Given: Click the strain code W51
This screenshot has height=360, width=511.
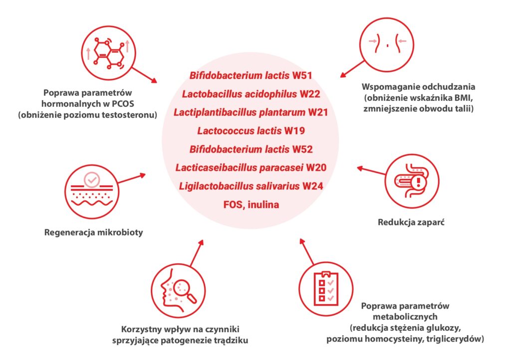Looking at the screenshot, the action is click(x=302, y=75).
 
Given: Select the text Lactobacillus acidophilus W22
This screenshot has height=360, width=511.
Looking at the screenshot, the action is click(x=251, y=94).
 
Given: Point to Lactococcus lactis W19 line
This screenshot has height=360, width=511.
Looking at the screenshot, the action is click(x=251, y=131).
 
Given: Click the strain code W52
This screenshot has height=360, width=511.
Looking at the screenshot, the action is click(x=302, y=150).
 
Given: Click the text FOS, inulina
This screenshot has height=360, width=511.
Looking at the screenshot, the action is click(x=251, y=205).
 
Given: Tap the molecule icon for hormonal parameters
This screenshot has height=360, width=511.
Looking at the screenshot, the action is click(x=108, y=53).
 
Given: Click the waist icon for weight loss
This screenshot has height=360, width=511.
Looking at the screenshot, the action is click(x=387, y=44).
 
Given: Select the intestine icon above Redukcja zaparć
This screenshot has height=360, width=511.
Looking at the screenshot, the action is click(x=412, y=181).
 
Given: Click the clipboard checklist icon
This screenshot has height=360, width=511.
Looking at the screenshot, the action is click(x=326, y=288).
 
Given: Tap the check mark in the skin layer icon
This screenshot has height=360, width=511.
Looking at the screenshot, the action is click(x=92, y=180).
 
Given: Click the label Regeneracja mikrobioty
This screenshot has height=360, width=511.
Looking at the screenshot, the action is click(x=93, y=232).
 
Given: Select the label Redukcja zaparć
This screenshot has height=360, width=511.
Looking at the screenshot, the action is click(x=411, y=222).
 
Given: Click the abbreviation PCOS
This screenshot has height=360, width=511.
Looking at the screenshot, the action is click(x=123, y=104).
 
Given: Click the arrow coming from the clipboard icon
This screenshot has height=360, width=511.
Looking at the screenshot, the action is click(x=307, y=252).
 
